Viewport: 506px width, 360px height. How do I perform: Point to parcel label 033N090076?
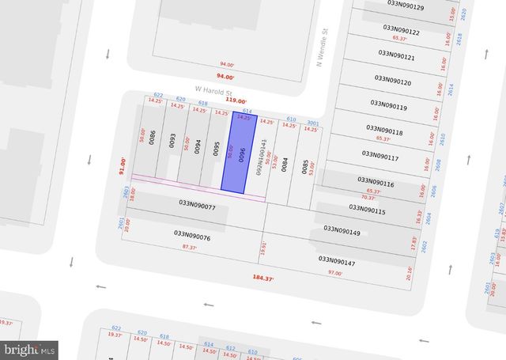[x=192, y=237]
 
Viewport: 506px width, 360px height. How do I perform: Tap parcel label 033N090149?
[x=342, y=232]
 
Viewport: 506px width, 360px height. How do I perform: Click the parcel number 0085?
[x=304, y=166]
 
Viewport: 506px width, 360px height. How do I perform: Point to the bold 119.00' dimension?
[x=236, y=101]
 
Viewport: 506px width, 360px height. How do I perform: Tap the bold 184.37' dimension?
[x=264, y=278]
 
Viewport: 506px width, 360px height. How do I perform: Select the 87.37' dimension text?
[x=189, y=248]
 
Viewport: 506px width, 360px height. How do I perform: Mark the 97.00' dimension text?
[x=335, y=273]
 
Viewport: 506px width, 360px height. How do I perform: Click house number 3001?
[x=312, y=123]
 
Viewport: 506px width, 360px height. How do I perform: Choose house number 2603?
[x=126, y=192]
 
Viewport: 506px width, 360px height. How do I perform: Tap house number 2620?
[x=463, y=13]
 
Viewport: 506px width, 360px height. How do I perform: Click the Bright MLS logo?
[x=30, y=348]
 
